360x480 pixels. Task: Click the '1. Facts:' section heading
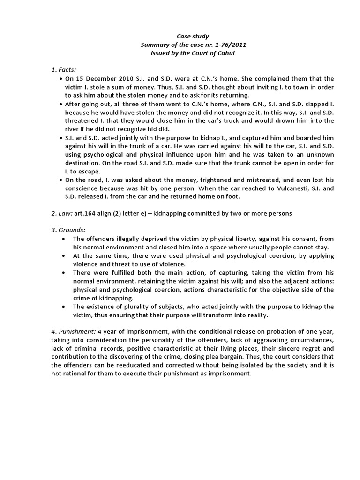coord(64,70)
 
